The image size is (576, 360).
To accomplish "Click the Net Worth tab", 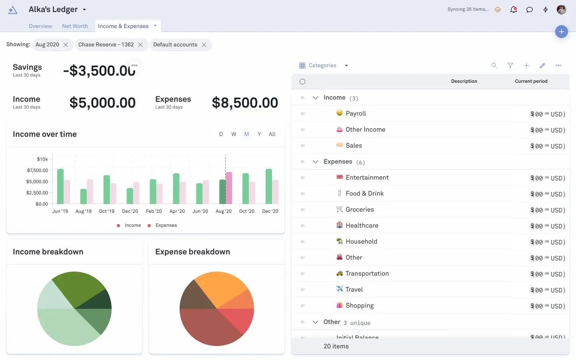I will click(75, 26).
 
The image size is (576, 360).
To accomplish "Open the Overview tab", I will click(40, 26).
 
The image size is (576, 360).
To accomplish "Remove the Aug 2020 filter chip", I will click(66, 45).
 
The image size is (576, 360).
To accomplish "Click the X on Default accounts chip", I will click(204, 45).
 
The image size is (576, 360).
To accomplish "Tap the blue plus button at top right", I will click(562, 32).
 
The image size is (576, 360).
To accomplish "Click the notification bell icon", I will click(514, 10).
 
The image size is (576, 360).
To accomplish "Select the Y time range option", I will click(259, 134).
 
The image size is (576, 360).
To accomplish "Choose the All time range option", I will click(272, 134).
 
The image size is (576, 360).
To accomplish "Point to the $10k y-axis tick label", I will click(42, 159).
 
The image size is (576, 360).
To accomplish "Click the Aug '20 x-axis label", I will click(224, 211).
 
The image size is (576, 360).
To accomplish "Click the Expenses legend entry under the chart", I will click(166, 226).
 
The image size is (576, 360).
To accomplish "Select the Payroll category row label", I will click(356, 114).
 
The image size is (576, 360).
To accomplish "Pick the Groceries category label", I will click(360, 210).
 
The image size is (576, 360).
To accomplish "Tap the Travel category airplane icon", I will click(340, 289).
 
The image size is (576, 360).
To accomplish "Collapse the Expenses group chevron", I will click(316, 162).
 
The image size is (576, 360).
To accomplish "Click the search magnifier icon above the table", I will click(494, 66).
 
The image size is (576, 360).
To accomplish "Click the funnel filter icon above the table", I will click(510, 66).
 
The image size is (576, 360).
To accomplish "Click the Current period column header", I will click(531, 81).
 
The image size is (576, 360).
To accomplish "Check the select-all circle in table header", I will click(302, 82).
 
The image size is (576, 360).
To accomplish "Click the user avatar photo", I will click(562, 10).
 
